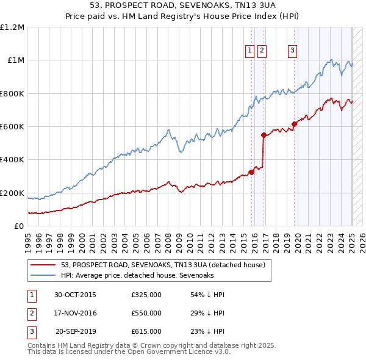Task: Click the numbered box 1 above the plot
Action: [250, 51]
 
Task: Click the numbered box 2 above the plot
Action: [262, 51]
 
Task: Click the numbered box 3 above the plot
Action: [292, 51]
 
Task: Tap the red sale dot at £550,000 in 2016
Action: [264, 135]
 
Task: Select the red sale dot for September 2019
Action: [294, 124]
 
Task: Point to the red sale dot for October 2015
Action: [252, 172]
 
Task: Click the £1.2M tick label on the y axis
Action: [12, 27]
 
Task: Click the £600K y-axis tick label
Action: [12, 127]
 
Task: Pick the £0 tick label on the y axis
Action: [19, 226]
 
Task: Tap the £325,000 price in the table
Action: [146, 295]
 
